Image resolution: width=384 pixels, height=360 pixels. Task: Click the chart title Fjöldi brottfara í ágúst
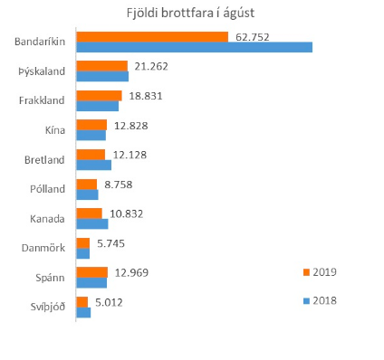click(x=191, y=14)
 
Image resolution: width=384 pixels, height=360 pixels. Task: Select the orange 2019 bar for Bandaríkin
click(x=152, y=37)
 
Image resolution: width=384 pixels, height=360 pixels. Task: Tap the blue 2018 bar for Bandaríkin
click(x=194, y=47)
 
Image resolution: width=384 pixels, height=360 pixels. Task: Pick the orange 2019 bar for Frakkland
click(x=99, y=96)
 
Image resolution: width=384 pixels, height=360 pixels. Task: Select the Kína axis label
click(x=54, y=130)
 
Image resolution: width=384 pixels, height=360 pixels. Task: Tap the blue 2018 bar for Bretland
click(x=94, y=165)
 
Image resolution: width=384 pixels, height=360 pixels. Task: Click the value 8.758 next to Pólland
click(x=119, y=185)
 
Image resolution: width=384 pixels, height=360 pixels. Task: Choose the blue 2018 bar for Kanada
click(x=92, y=223)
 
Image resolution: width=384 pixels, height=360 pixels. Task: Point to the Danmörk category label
click(x=43, y=247)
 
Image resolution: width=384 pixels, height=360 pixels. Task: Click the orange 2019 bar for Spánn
click(x=92, y=272)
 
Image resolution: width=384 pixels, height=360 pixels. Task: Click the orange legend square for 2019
click(x=307, y=270)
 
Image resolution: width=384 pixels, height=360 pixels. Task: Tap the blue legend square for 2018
click(x=307, y=299)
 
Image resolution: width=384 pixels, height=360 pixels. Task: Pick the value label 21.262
click(x=151, y=66)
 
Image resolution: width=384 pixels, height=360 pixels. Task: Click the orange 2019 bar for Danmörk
click(x=83, y=242)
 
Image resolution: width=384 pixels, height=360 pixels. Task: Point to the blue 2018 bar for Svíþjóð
click(x=83, y=312)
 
